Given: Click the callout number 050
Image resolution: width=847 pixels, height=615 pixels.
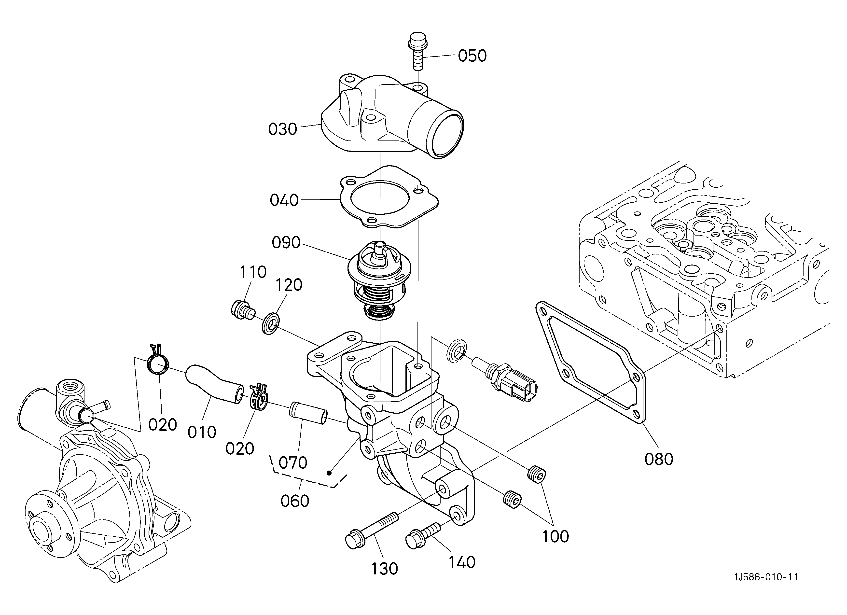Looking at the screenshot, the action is [472, 56].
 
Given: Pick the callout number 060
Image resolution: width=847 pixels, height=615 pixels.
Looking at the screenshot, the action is [295, 501].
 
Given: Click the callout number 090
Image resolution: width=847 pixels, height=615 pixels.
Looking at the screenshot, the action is [286, 243].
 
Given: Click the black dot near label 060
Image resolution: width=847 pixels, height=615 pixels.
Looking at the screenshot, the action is [329, 473].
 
